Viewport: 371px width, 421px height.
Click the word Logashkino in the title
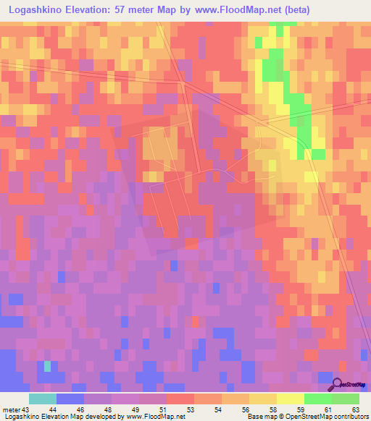[35, 9]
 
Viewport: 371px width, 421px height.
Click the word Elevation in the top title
[93, 9]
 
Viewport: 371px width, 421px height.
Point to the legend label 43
[26, 409]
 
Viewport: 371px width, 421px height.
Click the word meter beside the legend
[11, 409]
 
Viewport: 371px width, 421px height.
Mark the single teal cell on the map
[47, 366]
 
